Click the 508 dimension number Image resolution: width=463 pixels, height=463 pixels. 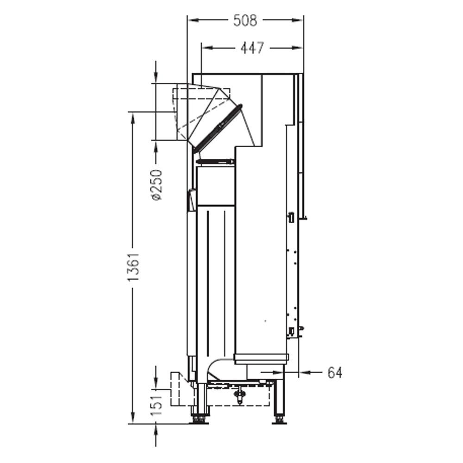(245, 20)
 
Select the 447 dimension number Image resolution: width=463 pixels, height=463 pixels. (252, 48)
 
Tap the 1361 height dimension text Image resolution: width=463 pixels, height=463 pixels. (133, 267)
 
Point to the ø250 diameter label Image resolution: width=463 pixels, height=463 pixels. (156, 185)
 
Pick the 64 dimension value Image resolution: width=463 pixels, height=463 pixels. (335, 373)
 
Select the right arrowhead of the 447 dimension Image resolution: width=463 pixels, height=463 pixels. (298, 48)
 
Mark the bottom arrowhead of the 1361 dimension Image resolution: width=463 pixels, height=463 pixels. (133, 418)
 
